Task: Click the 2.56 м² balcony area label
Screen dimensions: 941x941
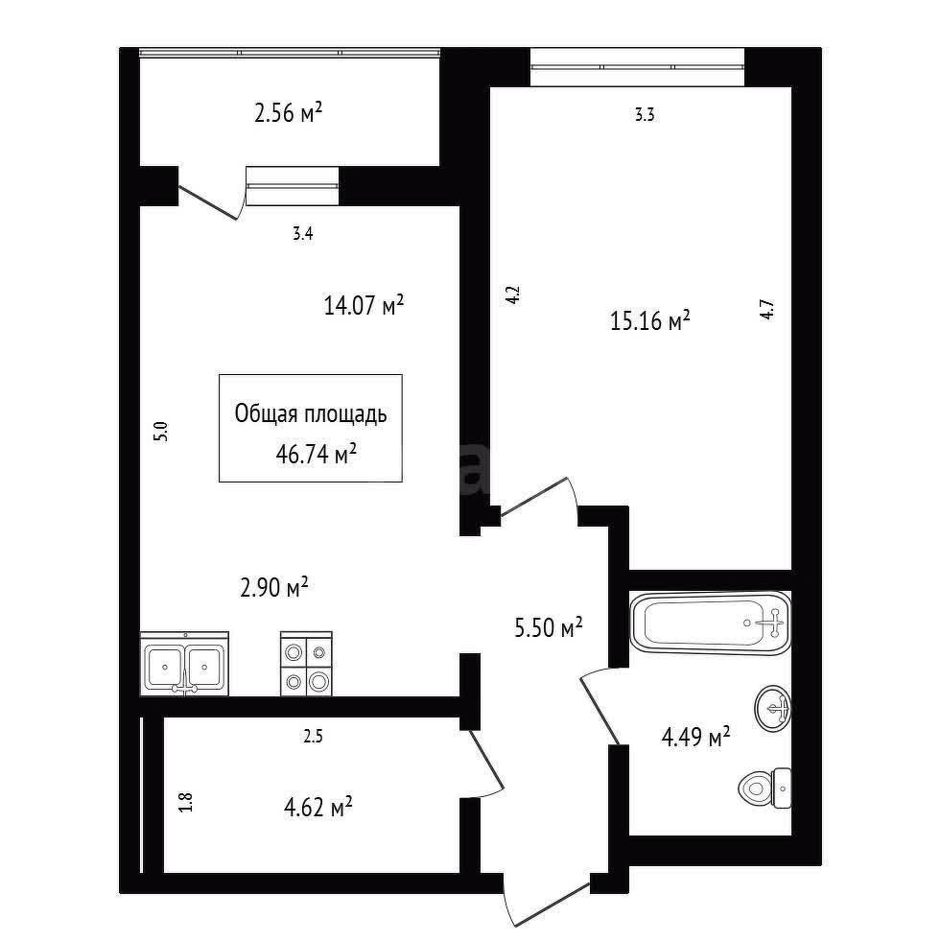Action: click(x=289, y=112)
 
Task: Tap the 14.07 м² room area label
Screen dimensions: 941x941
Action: click(x=364, y=305)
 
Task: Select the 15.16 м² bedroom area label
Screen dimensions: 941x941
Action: click(x=650, y=320)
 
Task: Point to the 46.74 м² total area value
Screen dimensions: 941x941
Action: click(x=317, y=455)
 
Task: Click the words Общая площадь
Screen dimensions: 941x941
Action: click(x=311, y=414)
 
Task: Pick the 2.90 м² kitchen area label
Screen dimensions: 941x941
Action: click(x=274, y=587)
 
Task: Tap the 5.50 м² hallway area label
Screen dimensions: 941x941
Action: click(x=549, y=627)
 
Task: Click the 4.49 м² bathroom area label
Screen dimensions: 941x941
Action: click(x=695, y=737)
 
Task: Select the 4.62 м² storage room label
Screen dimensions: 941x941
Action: click(x=318, y=807)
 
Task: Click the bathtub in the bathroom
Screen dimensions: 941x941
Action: click(x=711, y=623)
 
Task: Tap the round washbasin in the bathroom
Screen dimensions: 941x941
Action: click(x=773, y=708)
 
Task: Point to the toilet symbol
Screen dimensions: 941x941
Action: click(x=765, y=788)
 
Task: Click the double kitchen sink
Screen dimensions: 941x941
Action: click(x=185, y=664)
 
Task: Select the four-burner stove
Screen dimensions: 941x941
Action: click(x=306, y=664)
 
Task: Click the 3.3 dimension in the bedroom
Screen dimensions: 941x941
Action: click(x=645, y=114)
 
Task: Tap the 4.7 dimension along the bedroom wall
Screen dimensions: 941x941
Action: click(x=767, y=309)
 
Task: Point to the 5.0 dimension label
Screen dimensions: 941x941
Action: click(x=161, y=432)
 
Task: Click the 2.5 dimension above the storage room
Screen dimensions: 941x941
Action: click(x=314, y=737)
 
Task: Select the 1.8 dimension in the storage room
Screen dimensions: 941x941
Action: click(x=186, y=802)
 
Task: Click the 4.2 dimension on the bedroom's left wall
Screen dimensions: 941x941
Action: click(x=513, y=294)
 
